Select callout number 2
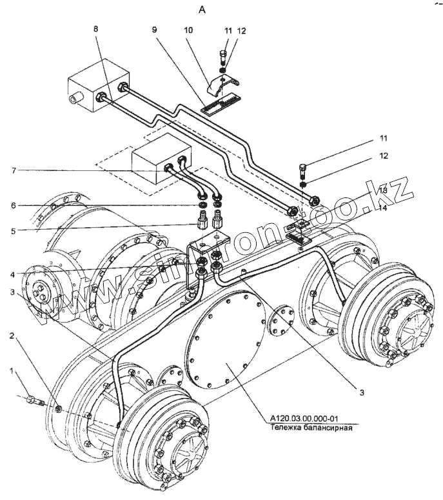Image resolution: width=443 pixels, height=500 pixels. pyautogui.click(x=12, y=336)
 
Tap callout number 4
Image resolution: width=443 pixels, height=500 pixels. pyautogui.click(x=12, y=274)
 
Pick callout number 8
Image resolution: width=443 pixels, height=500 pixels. pyautogui.click(x=96, y=28)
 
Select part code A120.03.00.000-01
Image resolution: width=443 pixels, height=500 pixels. pyautogui.click(x=311, y=418)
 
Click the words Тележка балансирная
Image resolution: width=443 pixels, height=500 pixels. pyautogui.click(x=311, y=426)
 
